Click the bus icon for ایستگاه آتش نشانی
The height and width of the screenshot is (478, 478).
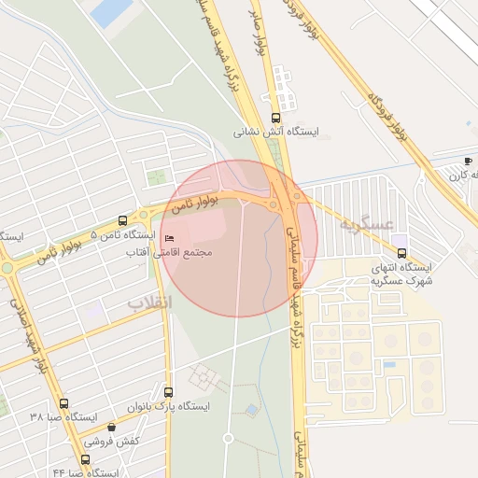click(x=275, y=119)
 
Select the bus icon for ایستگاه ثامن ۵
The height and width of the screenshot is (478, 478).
click(x=123, y=221)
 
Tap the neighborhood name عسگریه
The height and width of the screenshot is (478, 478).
click(x=362, y=224)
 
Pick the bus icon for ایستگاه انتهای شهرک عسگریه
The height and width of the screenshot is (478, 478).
click(x=401, y=252)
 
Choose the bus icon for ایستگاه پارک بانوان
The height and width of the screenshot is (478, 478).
click(x=169, y=392)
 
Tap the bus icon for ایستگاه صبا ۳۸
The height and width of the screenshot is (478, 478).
click(x=63, y=403)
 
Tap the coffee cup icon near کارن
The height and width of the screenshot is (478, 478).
click(x=469, y=161)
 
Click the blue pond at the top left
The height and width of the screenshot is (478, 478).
click(x=113, y=11)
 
